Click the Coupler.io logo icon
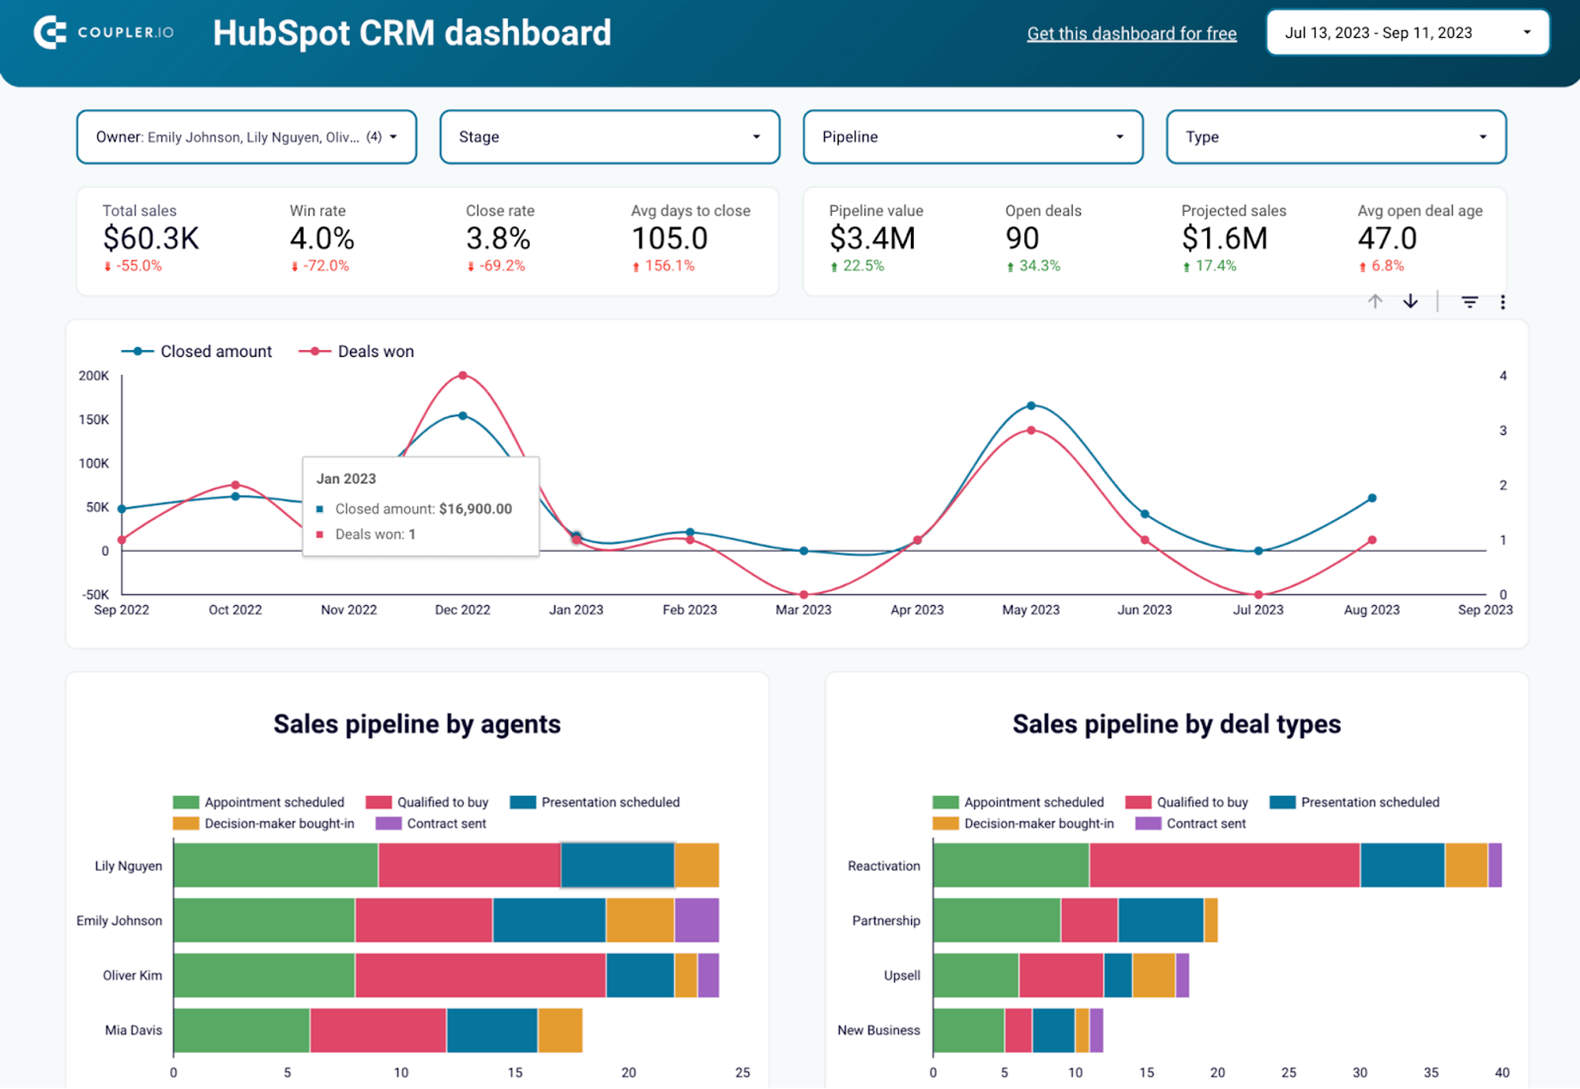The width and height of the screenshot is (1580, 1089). point(50,32)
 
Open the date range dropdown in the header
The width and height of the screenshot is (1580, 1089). point(1407,32)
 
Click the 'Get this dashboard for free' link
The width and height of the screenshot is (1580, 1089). point(1131,33)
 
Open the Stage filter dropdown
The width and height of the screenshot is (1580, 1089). point(609,137)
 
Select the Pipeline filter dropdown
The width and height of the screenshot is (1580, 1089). point(972,137)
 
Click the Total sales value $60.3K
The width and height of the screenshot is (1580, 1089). point(151,238)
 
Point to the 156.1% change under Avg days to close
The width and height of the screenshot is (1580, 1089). point(668,266)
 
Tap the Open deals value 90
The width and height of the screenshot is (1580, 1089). point(1022,238)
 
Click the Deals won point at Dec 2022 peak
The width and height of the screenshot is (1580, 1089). point(463,375)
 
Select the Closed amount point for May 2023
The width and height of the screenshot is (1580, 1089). point(1031,405)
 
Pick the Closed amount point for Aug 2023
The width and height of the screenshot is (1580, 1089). point(1372,498)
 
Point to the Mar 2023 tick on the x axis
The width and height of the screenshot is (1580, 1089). point(803,609)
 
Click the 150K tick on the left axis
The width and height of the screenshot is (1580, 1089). point(94,420)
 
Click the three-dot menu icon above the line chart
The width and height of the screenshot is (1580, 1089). point(1503,302)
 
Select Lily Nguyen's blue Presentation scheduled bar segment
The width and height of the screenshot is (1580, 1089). point(617,865)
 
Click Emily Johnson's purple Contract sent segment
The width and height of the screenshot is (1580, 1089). point(697,920)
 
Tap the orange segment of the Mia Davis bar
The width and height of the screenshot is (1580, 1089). point(560,1030)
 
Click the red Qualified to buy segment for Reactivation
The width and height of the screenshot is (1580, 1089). point(1224,865)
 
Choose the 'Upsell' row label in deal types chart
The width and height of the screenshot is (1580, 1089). point(901,975)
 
